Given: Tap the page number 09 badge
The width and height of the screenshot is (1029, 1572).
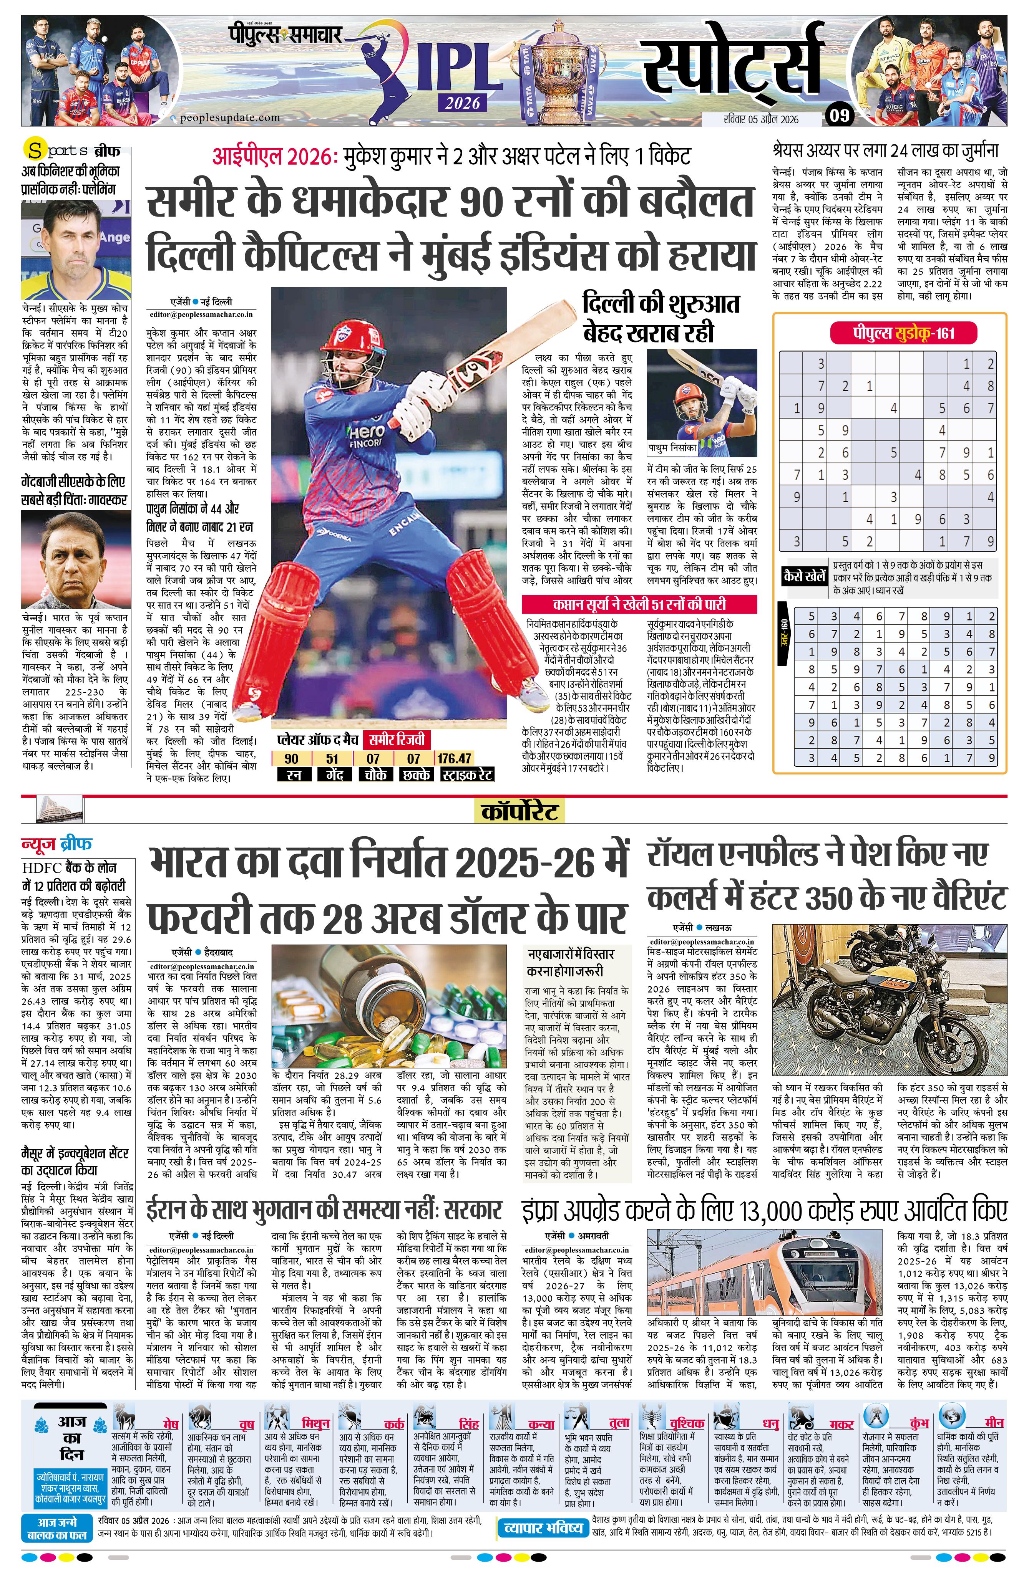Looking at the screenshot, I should tap(839, 116).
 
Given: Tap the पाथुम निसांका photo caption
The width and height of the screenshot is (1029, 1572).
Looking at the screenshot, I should tap(672, 448).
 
